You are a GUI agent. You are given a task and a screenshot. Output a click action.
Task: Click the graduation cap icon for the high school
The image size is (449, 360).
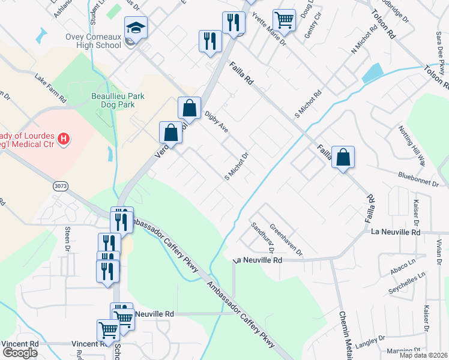pyautogui.click(x=136, y=28)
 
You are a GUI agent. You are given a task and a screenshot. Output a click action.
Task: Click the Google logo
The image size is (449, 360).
pyautogui.click(x=20, y=353)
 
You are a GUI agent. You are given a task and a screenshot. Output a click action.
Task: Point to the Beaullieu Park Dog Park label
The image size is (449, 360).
pyautogui.click(x=113, y=100)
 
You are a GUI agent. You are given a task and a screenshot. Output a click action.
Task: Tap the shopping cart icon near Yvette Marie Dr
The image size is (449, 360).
pyautogui.click(x=284, y=19)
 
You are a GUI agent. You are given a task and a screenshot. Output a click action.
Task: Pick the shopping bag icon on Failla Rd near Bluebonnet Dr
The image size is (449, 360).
pyautogui.click(x=343, y=157)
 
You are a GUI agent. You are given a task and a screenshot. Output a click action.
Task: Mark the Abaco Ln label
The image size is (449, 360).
pyautogui.click(x=403, y=269)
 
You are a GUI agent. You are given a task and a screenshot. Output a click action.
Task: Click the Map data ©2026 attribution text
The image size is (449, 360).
pyautogui.click(x=423, y=355)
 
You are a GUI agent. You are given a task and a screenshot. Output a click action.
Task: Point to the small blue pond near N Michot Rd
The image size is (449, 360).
pyautogui.click(x=373, y=73)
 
